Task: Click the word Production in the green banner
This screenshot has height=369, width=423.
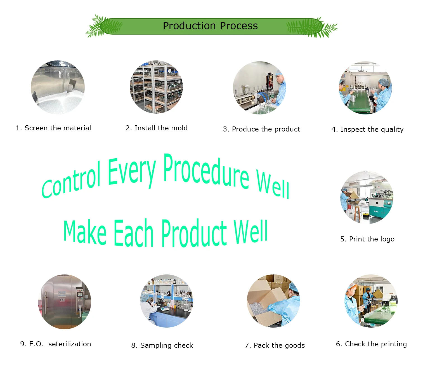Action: click(189, 26)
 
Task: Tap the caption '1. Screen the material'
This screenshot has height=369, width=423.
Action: click(53, 128)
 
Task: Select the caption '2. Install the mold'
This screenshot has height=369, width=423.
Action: click(156, 128)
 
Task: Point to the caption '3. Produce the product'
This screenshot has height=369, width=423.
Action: click(261, 129)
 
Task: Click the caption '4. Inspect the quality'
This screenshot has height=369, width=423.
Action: click(367, 130)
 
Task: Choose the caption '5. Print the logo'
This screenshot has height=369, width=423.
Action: click(367, 239)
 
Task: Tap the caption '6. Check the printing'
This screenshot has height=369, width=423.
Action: click(371, 344)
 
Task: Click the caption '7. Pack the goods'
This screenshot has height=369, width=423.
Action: click(274, 345)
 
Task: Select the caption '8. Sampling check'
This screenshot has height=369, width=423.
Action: click(162, 345)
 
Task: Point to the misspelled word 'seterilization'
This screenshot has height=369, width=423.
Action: click(69, 344)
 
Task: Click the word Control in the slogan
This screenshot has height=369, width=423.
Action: click(71, 180)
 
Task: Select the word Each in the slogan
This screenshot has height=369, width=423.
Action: click(133, 233)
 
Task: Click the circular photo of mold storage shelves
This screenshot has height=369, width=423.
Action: click(156, 87)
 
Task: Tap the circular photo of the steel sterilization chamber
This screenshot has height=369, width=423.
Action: click(64, 301)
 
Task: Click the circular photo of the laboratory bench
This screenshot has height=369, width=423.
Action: click(166, 301)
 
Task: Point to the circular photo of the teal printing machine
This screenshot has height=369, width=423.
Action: click(367, 197)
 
